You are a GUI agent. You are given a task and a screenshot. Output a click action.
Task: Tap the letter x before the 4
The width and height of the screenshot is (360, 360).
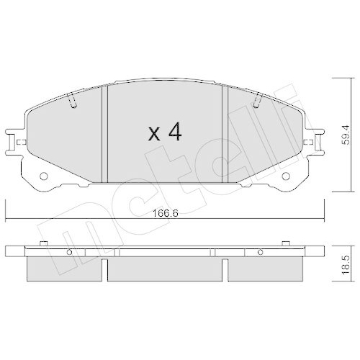pyautogui.click(x=153, y=133)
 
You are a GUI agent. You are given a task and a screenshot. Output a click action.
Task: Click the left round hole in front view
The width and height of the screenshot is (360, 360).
pyautogui.click(x=43, y=176)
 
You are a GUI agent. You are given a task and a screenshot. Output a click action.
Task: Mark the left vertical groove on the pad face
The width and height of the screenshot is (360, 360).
pyautogui.click(x=105, y=133)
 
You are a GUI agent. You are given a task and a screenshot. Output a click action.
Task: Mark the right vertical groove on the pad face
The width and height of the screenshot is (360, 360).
pyautogui.click(x=225, y=133)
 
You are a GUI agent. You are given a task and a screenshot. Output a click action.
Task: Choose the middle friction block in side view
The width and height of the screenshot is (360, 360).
pyautogui.click(x=165, y=269)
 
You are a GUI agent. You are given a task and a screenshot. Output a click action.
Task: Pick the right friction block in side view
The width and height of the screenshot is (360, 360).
pyautogui.click(x=264, y=269)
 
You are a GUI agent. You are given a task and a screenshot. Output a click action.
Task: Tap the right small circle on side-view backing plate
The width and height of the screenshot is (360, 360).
pyautogui.click(x=261, y=252)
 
